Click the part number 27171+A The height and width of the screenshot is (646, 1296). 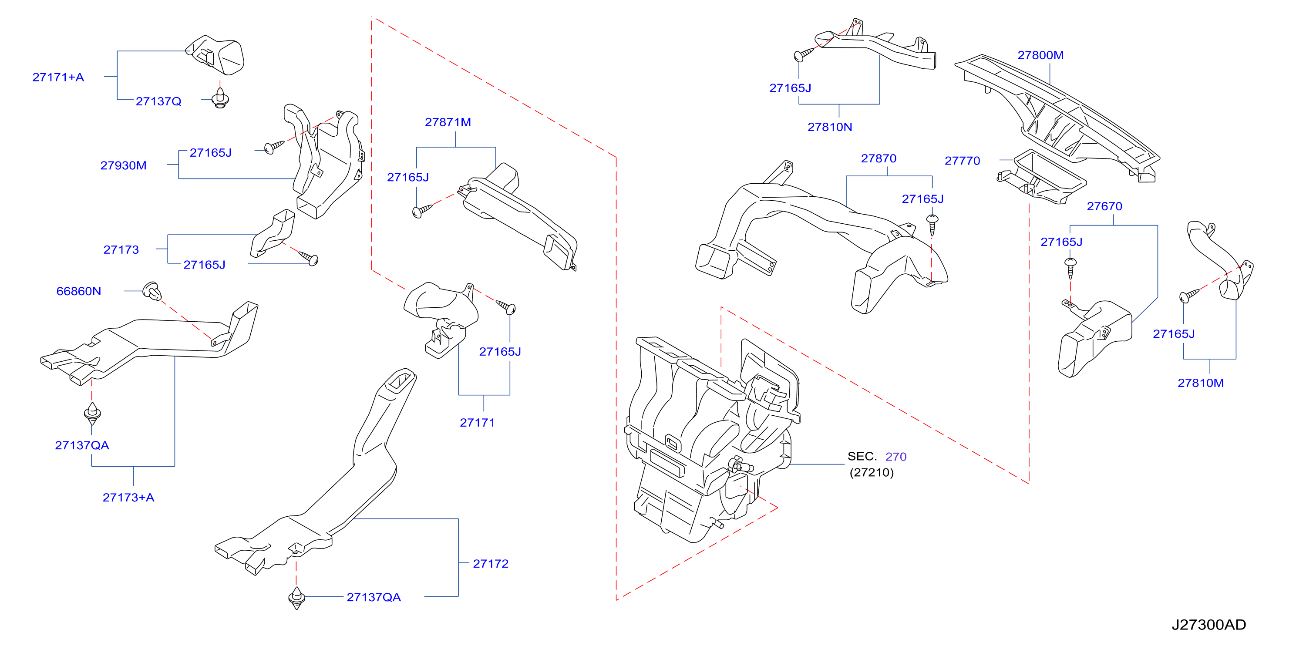click(x=58, y=77)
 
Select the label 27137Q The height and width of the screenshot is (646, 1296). click(x=158, y=101)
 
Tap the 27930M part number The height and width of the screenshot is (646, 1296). click(x=123, y=165)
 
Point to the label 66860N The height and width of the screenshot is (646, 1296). click(x=78, y=291)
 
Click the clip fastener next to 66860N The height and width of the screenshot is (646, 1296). click(x=152, y=291)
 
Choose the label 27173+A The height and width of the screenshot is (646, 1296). click(x=128, y=498)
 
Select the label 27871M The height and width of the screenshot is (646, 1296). click(x=448, y=122)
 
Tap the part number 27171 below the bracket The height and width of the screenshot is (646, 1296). click(x=477, y=423)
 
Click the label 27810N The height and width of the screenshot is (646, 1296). click(x=830, y=127)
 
